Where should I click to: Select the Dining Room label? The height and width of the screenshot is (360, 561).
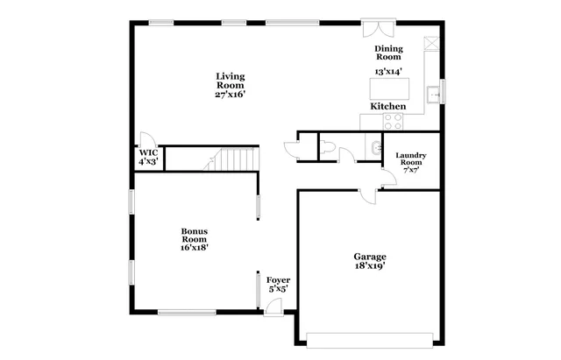click(388, 53)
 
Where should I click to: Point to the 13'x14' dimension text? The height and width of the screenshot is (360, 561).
click(388, 72)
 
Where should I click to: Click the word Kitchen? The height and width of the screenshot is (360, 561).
click(387, 106)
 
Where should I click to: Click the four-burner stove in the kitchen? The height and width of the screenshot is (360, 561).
click(369, 123)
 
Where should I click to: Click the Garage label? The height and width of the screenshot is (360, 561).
click(370, 257)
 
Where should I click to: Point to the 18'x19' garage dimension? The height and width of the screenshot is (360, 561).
click(370, 268)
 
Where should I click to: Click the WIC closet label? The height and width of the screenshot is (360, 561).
click(146, 156)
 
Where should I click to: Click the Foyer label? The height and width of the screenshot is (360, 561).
click(279, 280)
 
